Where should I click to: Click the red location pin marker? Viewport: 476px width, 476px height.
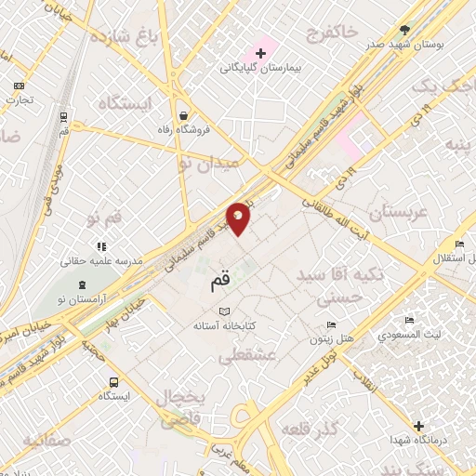point(239,218)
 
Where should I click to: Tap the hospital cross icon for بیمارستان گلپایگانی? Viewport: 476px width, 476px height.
point(261,52)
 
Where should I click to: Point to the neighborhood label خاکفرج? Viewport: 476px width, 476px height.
point(330,33)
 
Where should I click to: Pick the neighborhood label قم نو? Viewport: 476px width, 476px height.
point(105,219)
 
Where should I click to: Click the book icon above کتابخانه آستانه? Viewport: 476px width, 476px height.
point(223,311)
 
